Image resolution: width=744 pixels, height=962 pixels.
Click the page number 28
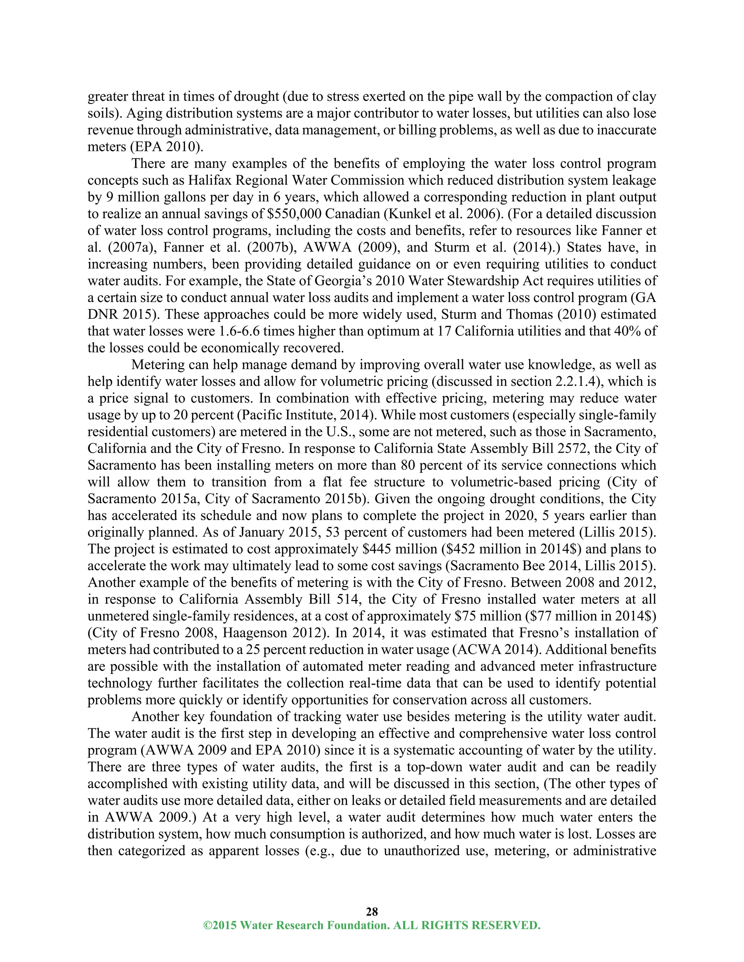pyautogui.click(x=372, y=911)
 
